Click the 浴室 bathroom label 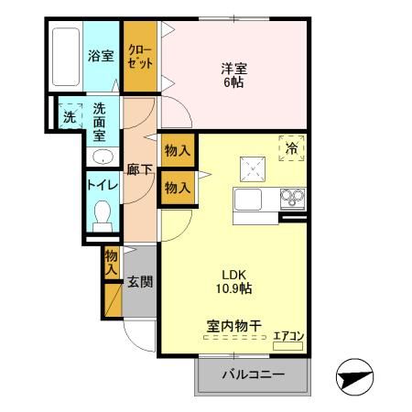101,56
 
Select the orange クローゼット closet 141,57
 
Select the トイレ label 101,183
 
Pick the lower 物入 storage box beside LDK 177,188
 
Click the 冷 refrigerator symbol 291,147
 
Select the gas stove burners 292,198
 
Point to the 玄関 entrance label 140,282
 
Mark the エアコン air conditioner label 288,336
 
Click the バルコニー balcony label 253,375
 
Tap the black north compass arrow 355,377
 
